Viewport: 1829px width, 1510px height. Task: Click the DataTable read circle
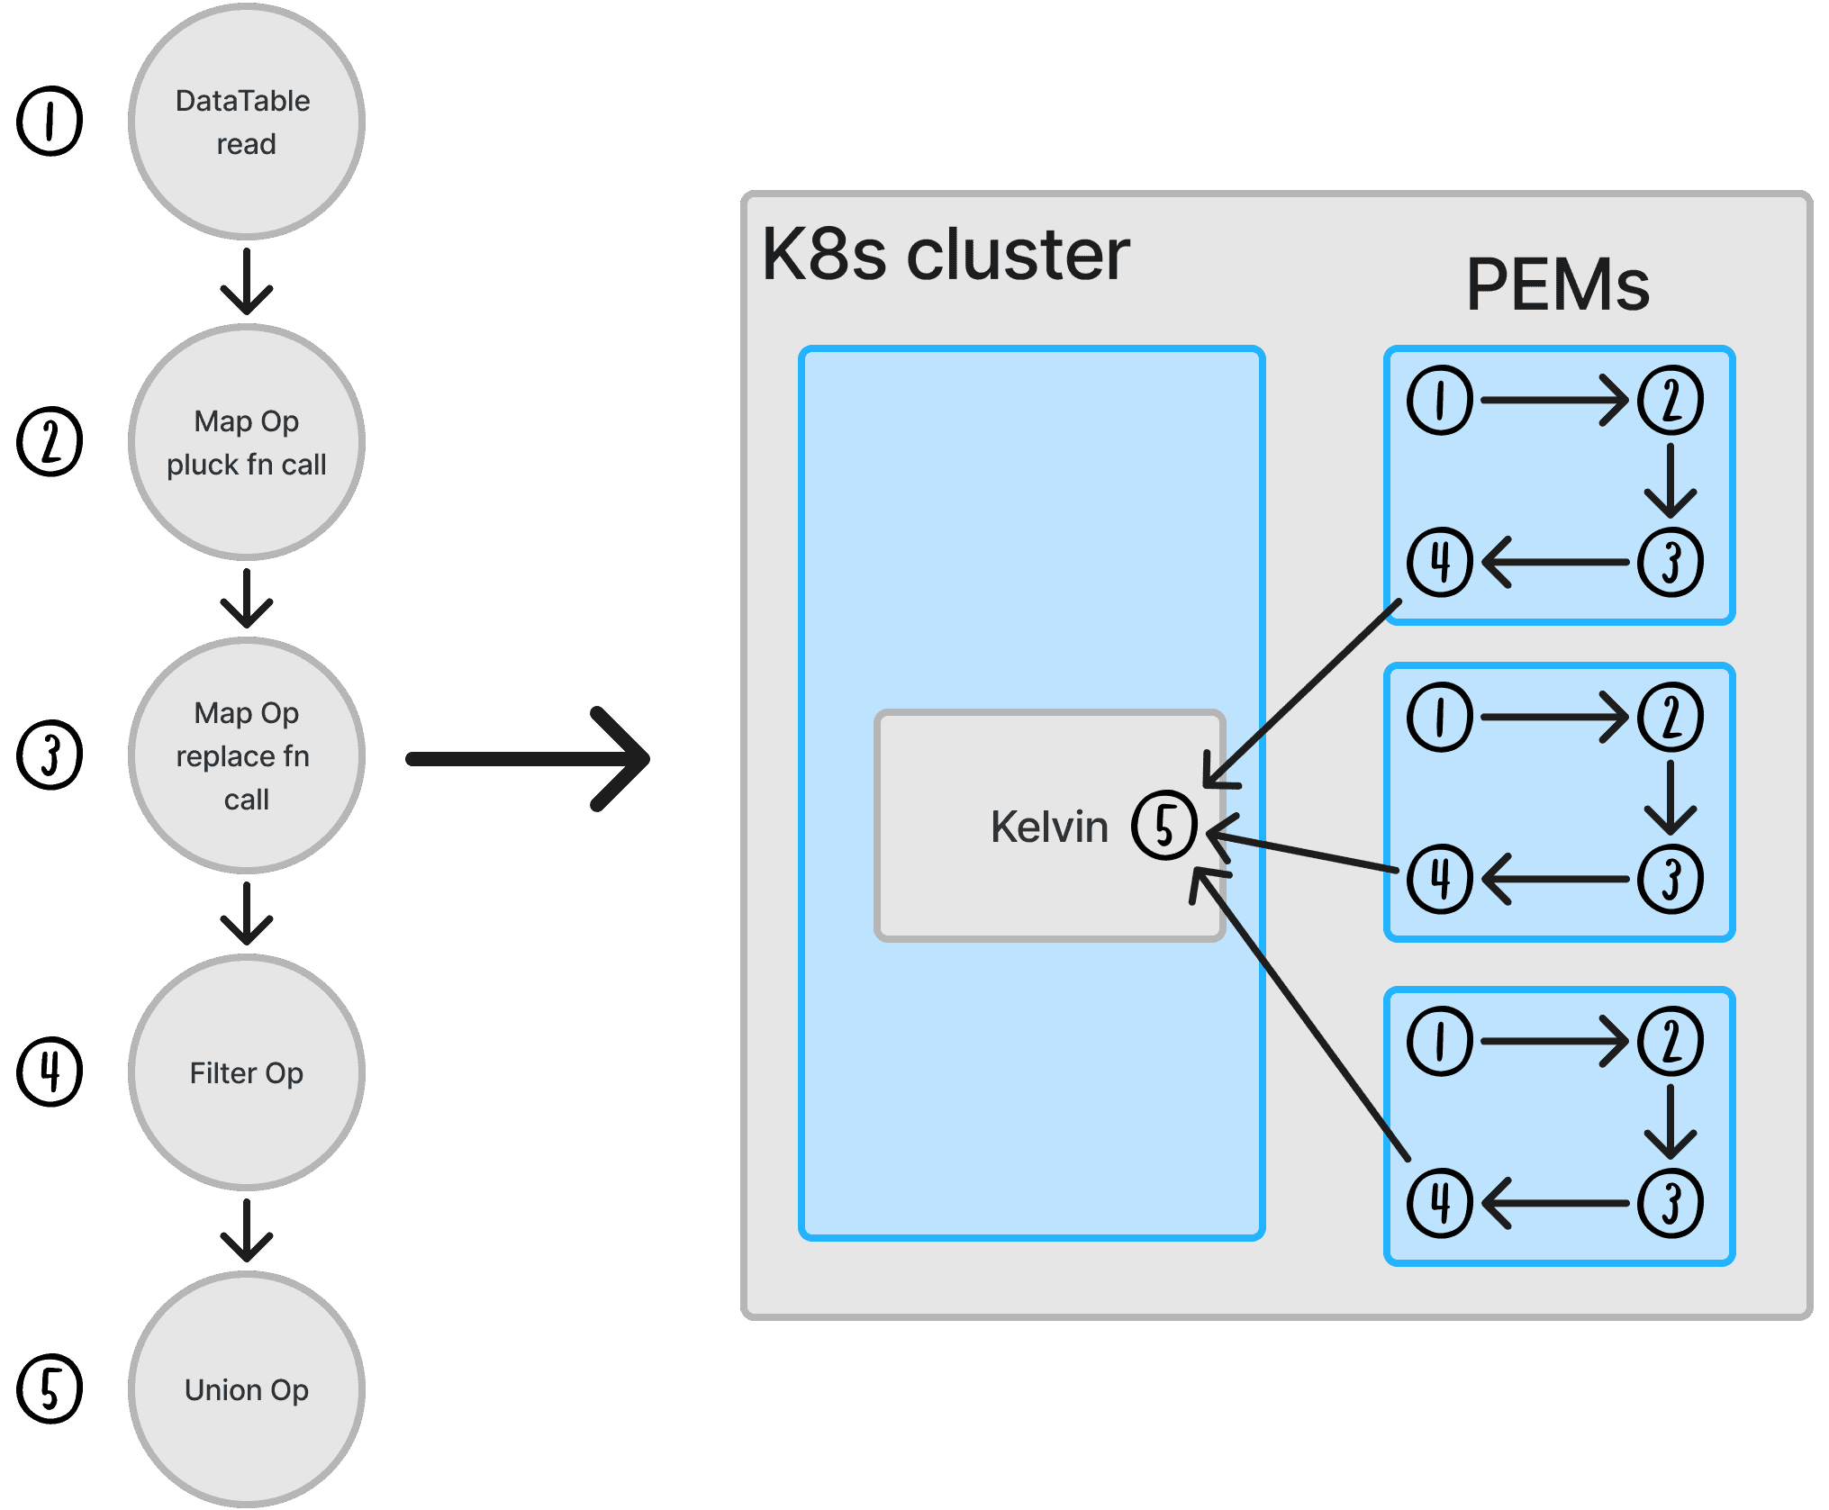[246, 122]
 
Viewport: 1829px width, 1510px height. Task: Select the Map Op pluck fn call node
[246, 442]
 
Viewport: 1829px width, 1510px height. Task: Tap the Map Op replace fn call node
[246, 755]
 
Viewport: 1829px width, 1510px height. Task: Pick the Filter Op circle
[246, 1072]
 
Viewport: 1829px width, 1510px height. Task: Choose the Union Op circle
[246, 1389]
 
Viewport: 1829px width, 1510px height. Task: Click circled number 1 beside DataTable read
[50, 122]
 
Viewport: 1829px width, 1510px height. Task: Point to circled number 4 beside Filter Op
[50, 1071]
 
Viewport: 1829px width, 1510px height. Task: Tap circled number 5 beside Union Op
[50, 1388]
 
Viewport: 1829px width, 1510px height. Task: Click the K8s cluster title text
[946, 255]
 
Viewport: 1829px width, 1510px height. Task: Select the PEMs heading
[1557, 285]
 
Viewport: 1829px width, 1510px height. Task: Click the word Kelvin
[1049, 827]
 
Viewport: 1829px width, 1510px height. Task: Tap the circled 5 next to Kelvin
[1164, 825]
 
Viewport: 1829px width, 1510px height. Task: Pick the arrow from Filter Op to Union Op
[246, 1230]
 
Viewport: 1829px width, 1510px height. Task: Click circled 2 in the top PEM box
[1671, 400]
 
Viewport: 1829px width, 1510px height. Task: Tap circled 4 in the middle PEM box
[1440, 879]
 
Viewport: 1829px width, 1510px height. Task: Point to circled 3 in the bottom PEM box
[1671, 1203]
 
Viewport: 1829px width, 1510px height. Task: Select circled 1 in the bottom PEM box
[1440, 1041]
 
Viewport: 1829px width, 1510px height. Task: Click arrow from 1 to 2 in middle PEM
[1554, 717]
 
